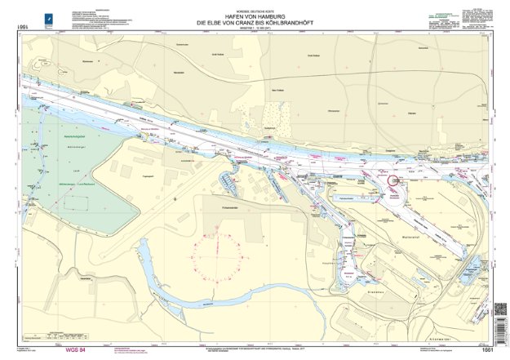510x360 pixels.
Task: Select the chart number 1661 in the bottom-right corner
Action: tap(487, 350)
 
